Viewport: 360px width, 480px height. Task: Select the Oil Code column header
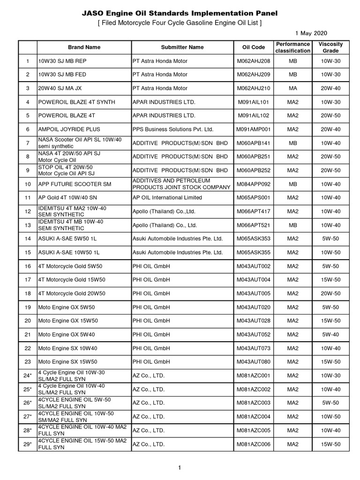tap(254, 47)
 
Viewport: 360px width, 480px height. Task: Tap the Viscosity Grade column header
tap(330, 47)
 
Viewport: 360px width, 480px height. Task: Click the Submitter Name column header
tap(182, 47)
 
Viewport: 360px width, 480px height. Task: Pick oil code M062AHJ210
tap(254, 88)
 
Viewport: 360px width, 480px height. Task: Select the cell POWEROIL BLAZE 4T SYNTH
tap(76, 102)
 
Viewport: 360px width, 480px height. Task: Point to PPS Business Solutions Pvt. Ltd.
tap(173, 129)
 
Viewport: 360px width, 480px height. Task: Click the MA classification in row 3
tap(293, 88)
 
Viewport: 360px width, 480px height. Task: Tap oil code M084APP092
tap(254, 184)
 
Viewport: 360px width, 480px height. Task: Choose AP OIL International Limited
tap(167, 197)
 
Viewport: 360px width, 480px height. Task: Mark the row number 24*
tap(28, 375)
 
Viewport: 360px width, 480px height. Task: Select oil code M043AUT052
tap(254, 334)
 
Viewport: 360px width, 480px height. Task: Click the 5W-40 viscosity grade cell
tap(330, 334)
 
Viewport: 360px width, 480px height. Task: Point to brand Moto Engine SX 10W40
tap(67, 348)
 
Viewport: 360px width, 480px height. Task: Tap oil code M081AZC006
tap(254, 444)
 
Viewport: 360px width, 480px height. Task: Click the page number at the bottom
tap(180, 467)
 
